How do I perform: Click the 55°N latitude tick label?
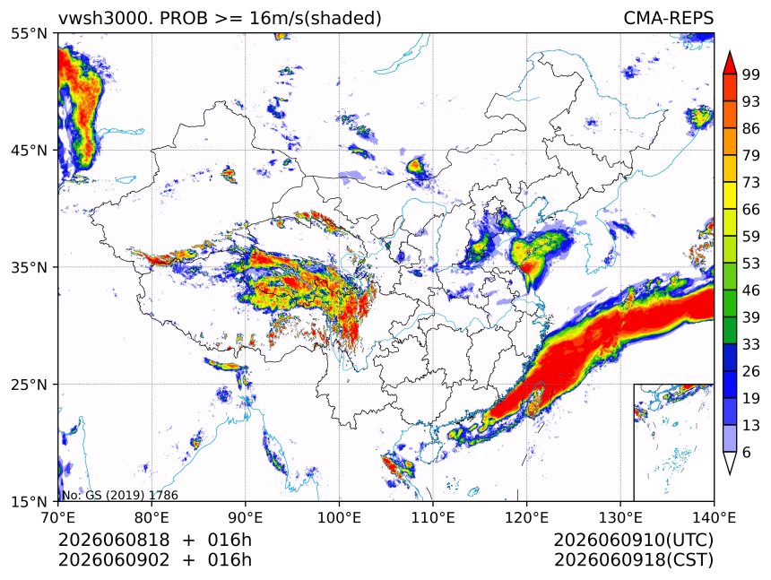[29, 33]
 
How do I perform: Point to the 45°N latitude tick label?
[29, 150]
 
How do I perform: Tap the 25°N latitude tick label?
[29, 385]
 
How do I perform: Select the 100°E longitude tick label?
[339, 517]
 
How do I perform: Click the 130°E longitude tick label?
[620, 517]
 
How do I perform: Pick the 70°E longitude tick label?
[58, 517]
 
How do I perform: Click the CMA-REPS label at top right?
[668, 18]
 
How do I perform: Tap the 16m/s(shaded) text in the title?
[316, 19]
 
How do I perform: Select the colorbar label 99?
[751, 74]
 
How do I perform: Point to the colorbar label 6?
[747, 452]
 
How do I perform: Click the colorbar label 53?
[751, 264]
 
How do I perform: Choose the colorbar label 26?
[751, 371]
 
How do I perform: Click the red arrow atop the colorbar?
[730, 63]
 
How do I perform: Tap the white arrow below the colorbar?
[730, 462]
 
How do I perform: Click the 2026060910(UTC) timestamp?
[633, 540]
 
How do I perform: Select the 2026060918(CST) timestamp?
[633, 560]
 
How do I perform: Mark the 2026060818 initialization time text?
[114, 540]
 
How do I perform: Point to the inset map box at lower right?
[635, 442]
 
